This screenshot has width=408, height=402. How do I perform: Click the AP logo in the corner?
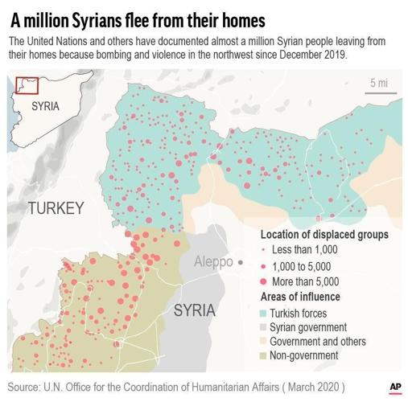[x=394, y=387]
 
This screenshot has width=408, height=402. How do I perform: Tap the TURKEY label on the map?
[x=56, y=208]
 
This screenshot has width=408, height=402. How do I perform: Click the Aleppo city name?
[x=213, y=262]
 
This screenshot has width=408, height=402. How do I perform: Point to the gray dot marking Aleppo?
[x=240, y=263]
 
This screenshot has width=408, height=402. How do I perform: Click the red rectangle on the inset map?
[x=27, y=84]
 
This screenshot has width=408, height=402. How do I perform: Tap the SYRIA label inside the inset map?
[x=45, y=106]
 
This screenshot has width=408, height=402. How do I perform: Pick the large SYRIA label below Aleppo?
[x=194, y=310]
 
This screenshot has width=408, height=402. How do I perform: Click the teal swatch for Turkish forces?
[x=265, y=313]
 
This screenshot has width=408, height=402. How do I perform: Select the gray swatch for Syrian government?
[x=265, y=327]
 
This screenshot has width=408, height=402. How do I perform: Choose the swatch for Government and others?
[x=265, y=341]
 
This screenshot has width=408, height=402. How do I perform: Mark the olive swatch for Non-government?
[x=265, y=355]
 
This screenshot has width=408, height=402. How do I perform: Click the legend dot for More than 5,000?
[x=265, y=281]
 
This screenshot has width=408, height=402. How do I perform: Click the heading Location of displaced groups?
[x=324, y=235]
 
